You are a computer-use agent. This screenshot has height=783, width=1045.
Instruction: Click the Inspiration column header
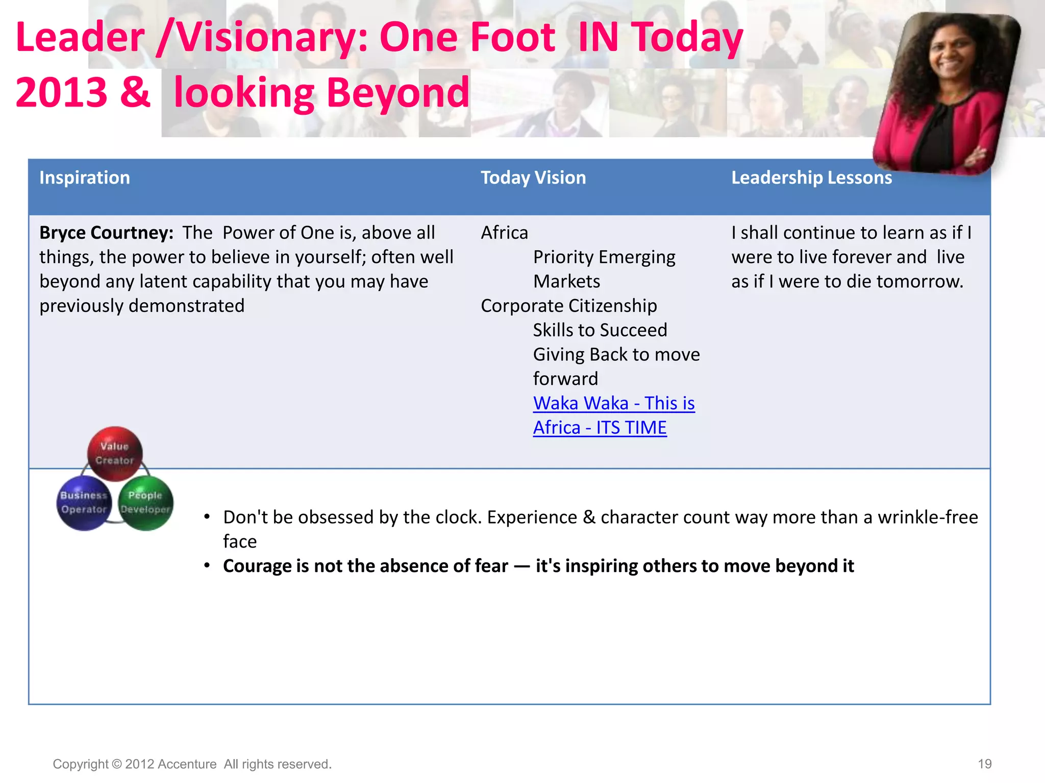85,178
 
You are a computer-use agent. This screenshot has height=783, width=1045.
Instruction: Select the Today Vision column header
533,178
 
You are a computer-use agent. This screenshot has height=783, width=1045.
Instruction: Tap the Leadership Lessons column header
811,178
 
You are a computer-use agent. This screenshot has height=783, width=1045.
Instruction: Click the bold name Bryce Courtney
106,233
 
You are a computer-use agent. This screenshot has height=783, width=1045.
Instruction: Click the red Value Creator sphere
115,453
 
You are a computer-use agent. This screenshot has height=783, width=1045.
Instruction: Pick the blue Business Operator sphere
84,503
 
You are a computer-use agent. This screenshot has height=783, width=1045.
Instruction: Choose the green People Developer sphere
146,503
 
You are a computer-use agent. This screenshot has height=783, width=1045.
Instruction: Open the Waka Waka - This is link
614,403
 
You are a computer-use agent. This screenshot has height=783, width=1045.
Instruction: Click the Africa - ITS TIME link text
600,428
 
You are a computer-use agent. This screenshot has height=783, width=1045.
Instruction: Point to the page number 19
984,764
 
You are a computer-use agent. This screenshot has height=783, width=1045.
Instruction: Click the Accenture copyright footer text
192,764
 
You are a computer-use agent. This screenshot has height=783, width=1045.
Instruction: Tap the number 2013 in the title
61,93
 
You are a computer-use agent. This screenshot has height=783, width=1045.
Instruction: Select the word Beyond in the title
397,93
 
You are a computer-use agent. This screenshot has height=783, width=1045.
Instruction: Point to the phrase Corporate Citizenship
568,306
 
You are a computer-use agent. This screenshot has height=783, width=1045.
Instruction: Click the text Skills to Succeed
600,330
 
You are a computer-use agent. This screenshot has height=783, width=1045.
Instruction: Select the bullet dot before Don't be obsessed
207,517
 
